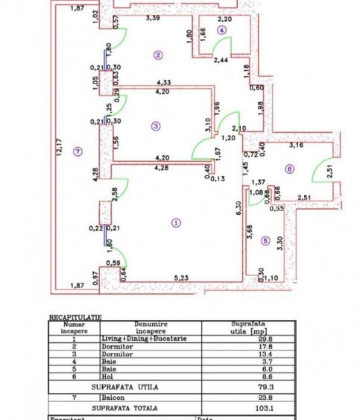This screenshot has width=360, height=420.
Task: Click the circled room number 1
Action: pos(175,222)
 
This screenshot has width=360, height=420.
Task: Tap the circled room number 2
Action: pos(158,54)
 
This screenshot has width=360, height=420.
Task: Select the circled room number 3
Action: pos(155,126)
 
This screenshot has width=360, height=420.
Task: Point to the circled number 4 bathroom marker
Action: pos(221,29)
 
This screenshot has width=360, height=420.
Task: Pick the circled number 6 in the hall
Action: pos(290,169)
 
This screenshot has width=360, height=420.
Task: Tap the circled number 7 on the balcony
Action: pos(79,152)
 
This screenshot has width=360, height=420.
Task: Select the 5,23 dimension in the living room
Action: pos(180,279)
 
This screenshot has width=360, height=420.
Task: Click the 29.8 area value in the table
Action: pos(245,337)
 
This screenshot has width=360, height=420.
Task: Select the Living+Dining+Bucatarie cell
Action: pos(152,337)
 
